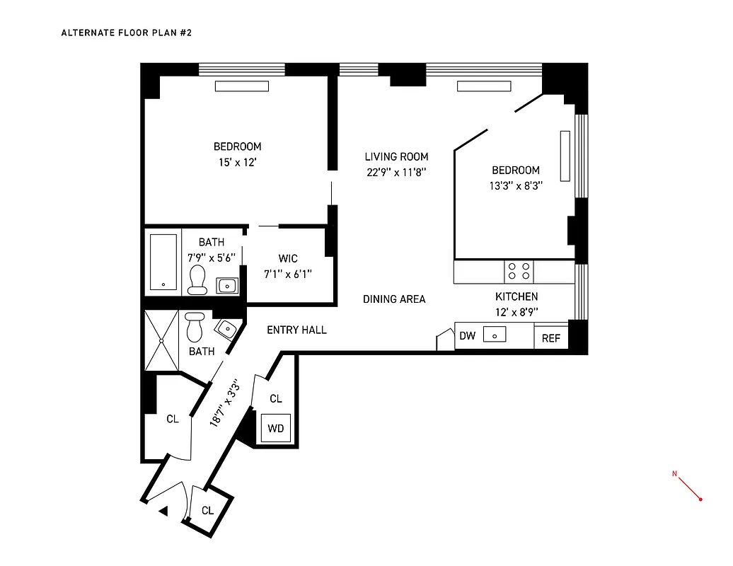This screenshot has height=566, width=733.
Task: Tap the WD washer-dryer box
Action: point(276,428)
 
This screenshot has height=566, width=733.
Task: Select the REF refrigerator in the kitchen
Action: point(550,338)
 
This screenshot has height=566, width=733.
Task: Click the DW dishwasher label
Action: point(467,336)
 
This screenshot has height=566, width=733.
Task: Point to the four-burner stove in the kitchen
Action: point(519,272)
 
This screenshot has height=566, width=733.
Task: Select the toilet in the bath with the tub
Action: point(197,279)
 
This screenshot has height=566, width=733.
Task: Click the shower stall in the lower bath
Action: point(162,340)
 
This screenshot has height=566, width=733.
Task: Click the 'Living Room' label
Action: point(396,157)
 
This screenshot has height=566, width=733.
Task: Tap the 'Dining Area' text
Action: point(394,299)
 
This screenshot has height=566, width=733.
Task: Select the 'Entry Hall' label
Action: point(296,330)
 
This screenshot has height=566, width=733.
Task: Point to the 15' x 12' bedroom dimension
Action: point(237,162)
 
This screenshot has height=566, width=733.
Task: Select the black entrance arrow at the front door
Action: point(163,510)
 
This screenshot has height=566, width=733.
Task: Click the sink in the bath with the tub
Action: point(226,286)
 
